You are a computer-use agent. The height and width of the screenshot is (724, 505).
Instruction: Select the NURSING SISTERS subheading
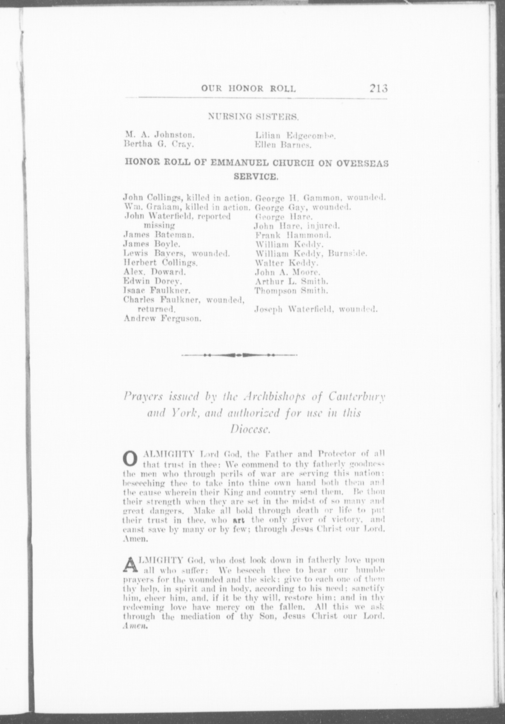click(x=254, y=116)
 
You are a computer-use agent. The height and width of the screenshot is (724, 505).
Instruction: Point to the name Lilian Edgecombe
click(x=294, y=136)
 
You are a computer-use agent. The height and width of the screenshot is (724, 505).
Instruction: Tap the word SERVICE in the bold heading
click(x=255, y=177)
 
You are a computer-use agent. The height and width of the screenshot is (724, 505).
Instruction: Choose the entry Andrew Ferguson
click(x=162, y=318)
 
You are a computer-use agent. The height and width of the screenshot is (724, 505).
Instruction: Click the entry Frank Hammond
click(x=292, y=236)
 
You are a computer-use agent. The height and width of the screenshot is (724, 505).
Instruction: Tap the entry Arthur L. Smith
click(x=291, y=282)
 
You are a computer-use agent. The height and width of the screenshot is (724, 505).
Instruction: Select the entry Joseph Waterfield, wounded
click(x=316, y=309)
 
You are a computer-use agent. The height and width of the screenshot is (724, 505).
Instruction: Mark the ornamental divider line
click(x=239, y=355)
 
